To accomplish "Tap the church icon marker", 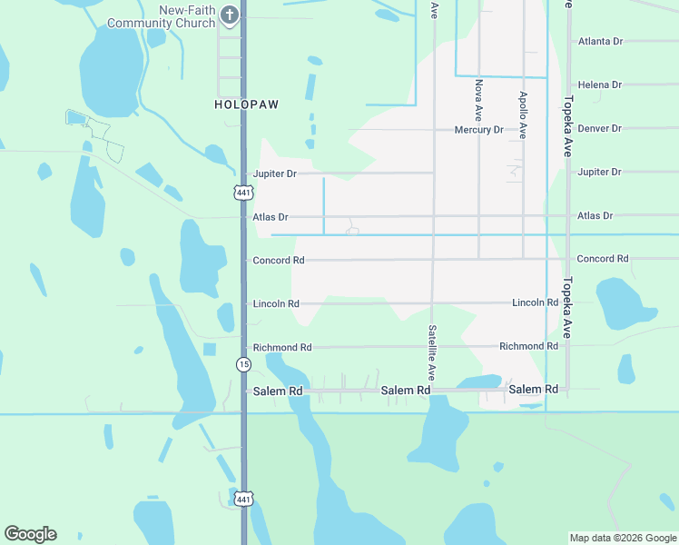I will [231, 15].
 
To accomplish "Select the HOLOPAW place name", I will [246, 104].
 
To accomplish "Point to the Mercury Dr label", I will [478, 130].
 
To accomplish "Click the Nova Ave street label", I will [478, 100].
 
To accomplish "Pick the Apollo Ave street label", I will [523, 114].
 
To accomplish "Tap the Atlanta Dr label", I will [600, 41].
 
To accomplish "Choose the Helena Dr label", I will [600, 84].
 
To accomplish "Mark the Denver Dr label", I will [600, 128].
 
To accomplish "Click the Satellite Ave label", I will [433, 352].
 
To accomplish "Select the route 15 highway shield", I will [242, 364].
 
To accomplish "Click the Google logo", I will [30, 534].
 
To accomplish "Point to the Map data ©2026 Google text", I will [622, 538].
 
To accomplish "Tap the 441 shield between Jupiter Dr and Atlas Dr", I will [242, 193].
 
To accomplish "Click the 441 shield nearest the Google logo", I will [242, 500].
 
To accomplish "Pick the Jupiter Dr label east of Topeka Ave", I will [599, 172].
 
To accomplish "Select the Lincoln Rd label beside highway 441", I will [276, 303].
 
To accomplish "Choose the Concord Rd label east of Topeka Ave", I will [603, 259].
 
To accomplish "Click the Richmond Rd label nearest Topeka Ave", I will [528, 346].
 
